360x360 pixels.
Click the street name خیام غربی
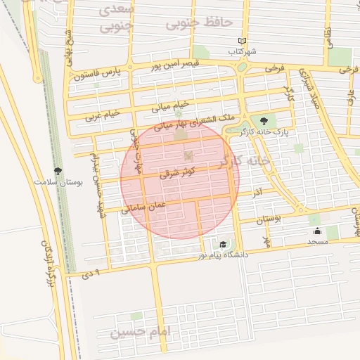tap(103, 114)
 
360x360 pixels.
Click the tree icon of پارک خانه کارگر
tap(264, 121)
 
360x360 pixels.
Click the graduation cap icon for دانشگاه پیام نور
tap(223, 244)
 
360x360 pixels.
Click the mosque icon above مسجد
tap(318, 231)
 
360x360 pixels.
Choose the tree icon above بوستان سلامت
tap(58, 171)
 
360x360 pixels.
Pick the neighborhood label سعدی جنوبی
tap(116, 20)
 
